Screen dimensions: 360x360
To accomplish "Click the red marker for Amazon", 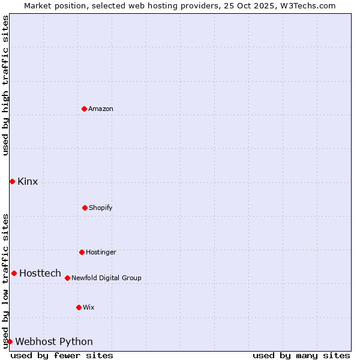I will coord(84,109).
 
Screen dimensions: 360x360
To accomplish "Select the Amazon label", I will coord(101,109).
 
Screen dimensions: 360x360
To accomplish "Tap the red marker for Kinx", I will coord(12,181).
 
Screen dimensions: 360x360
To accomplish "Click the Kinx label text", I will coord(28,182).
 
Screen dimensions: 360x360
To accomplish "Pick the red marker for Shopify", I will coord(85,208).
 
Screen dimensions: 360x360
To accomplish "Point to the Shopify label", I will coord(101,208).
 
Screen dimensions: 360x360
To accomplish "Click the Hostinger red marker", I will coord(82,252).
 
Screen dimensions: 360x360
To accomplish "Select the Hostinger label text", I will coord(101,253).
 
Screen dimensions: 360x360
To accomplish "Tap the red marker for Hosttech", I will coord(14,273).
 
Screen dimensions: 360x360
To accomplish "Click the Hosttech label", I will coord(40,274).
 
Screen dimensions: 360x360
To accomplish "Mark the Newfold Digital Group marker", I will coord(67,278).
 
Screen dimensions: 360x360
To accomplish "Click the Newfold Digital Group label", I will coord(106,278).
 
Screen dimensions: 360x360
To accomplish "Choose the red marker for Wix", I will coord(79,307).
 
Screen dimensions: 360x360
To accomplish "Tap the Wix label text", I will coord(89,308).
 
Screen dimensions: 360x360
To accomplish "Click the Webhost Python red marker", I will coord(10,341).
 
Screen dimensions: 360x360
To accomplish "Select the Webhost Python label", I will coord(54,342).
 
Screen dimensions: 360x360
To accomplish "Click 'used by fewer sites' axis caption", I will coord(62,355).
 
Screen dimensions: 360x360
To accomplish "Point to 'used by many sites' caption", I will coord(301,355).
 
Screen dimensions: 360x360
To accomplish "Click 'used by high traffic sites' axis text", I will coord(5,85).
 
